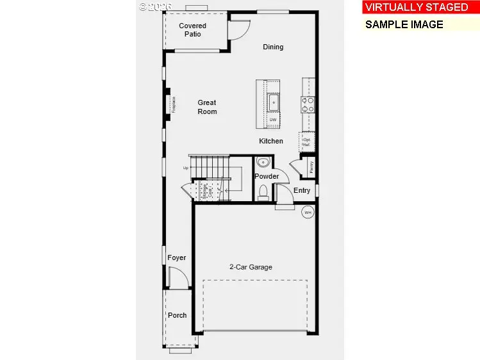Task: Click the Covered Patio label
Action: (x=192, y=30)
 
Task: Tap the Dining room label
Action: (x=273, y=47)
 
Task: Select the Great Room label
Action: (x=207, y=107)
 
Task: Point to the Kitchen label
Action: (x=271, y=141)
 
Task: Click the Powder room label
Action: (x=267, y=176)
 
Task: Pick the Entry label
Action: (x=302, y=190)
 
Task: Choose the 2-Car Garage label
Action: (x=251, y=267)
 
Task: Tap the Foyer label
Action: (x=177, y=258)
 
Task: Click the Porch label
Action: (x=178, y=315)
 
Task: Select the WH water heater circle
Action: (x=308, y=212)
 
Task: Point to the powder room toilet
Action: (x=263, y=192)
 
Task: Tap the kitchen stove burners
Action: (x=308, y=104)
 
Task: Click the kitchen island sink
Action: (x=274, y=102)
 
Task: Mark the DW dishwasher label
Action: (x=273, y=120)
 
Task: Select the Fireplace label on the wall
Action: (x=173, y=104)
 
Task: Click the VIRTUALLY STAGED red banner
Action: (x=417, y=8)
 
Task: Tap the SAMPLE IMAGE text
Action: (x=404, y=24)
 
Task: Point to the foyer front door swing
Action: (x=178, y=277)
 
